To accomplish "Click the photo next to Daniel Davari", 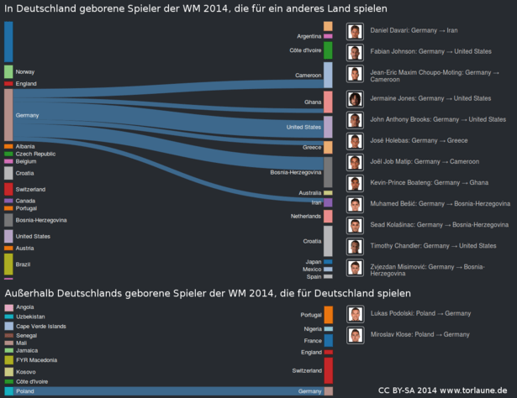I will click(355, 32).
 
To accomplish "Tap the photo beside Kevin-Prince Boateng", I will click(355, 182).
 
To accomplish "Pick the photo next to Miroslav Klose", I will click(355, 334).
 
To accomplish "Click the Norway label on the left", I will click(25, 72).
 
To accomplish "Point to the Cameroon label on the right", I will click(309, 76).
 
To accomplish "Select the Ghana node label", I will click(313, 102).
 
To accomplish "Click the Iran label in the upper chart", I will click(316, 202).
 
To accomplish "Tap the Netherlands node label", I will click(306, 217).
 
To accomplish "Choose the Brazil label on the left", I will click(23, 264).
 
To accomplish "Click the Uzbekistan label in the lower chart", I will click(30, 317).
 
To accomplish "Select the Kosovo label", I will click(25, 371).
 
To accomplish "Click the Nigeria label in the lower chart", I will click(312, 329).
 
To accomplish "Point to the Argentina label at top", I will click(309, 37).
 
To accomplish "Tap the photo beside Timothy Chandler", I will click(355, 247).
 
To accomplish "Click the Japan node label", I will click(313, 262).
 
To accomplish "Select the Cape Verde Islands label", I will click(40, 326).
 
